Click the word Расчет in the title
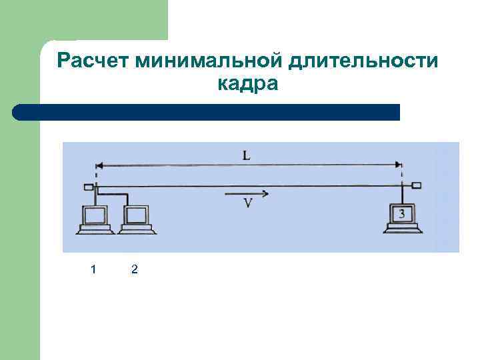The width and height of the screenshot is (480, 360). click(93, 61)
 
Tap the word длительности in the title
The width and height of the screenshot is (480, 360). click(363, 61)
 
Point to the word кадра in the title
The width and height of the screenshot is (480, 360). click(248, 85)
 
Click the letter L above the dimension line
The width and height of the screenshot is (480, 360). click(247, 155)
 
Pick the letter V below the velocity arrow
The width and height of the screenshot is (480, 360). click(247, 204)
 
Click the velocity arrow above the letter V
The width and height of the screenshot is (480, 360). click(247, 194)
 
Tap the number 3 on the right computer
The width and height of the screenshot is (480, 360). click(402, 214)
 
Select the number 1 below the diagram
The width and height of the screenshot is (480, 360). click(93, 269)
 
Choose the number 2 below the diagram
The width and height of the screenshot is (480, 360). click(135, 269)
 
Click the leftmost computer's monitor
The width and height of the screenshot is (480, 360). click(94, 215)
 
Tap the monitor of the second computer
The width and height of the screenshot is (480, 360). click(137, 215)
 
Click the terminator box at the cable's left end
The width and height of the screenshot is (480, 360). click(88, 187)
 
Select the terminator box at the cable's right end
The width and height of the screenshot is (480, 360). click(416, 185)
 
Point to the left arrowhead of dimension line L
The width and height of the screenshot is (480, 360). click(99, 165)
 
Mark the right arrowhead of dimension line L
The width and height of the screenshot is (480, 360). click(399, 165)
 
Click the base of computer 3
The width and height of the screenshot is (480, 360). click(403, 229)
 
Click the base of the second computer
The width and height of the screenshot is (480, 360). click(137, 230)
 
